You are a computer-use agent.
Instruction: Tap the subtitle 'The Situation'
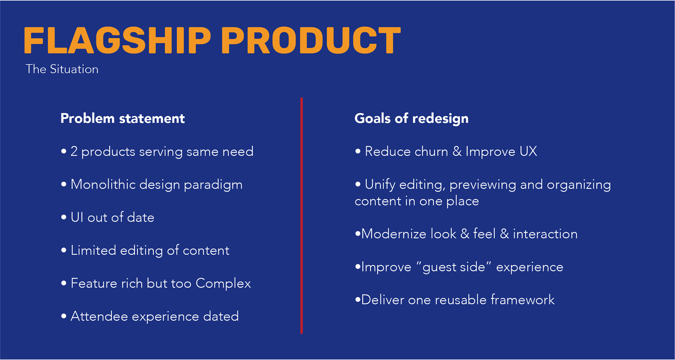62,69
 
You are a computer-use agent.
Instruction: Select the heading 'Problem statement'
122,118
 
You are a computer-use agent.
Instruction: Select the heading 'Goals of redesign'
411,118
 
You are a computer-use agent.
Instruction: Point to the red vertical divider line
302,215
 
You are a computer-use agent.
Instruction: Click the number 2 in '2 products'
74,151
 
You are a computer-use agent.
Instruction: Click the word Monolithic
103,184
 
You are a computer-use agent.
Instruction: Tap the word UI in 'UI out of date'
77,217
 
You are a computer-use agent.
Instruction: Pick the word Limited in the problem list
94,250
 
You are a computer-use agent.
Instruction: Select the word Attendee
99,316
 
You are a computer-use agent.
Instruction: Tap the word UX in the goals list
528,151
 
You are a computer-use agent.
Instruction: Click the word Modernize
394,234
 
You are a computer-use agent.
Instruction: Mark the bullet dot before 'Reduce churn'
358,152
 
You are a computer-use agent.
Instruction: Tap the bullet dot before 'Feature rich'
64,283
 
